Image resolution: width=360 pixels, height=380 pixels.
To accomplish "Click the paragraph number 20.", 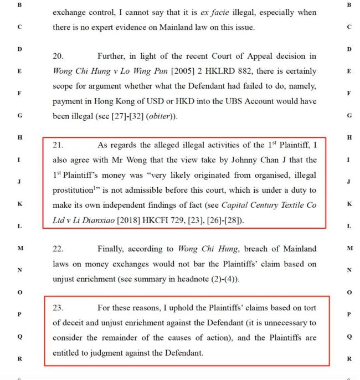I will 58,56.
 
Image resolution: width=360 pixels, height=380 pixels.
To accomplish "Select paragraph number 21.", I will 58,145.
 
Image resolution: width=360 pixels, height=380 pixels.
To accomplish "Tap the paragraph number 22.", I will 58,249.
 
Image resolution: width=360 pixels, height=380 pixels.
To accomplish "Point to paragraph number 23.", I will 58,307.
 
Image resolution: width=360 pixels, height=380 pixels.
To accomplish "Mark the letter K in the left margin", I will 19,204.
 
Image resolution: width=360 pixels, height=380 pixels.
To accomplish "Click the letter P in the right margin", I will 348,314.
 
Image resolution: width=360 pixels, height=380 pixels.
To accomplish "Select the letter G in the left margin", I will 19,116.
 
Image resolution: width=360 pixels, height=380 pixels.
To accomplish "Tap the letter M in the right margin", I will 348,248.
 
